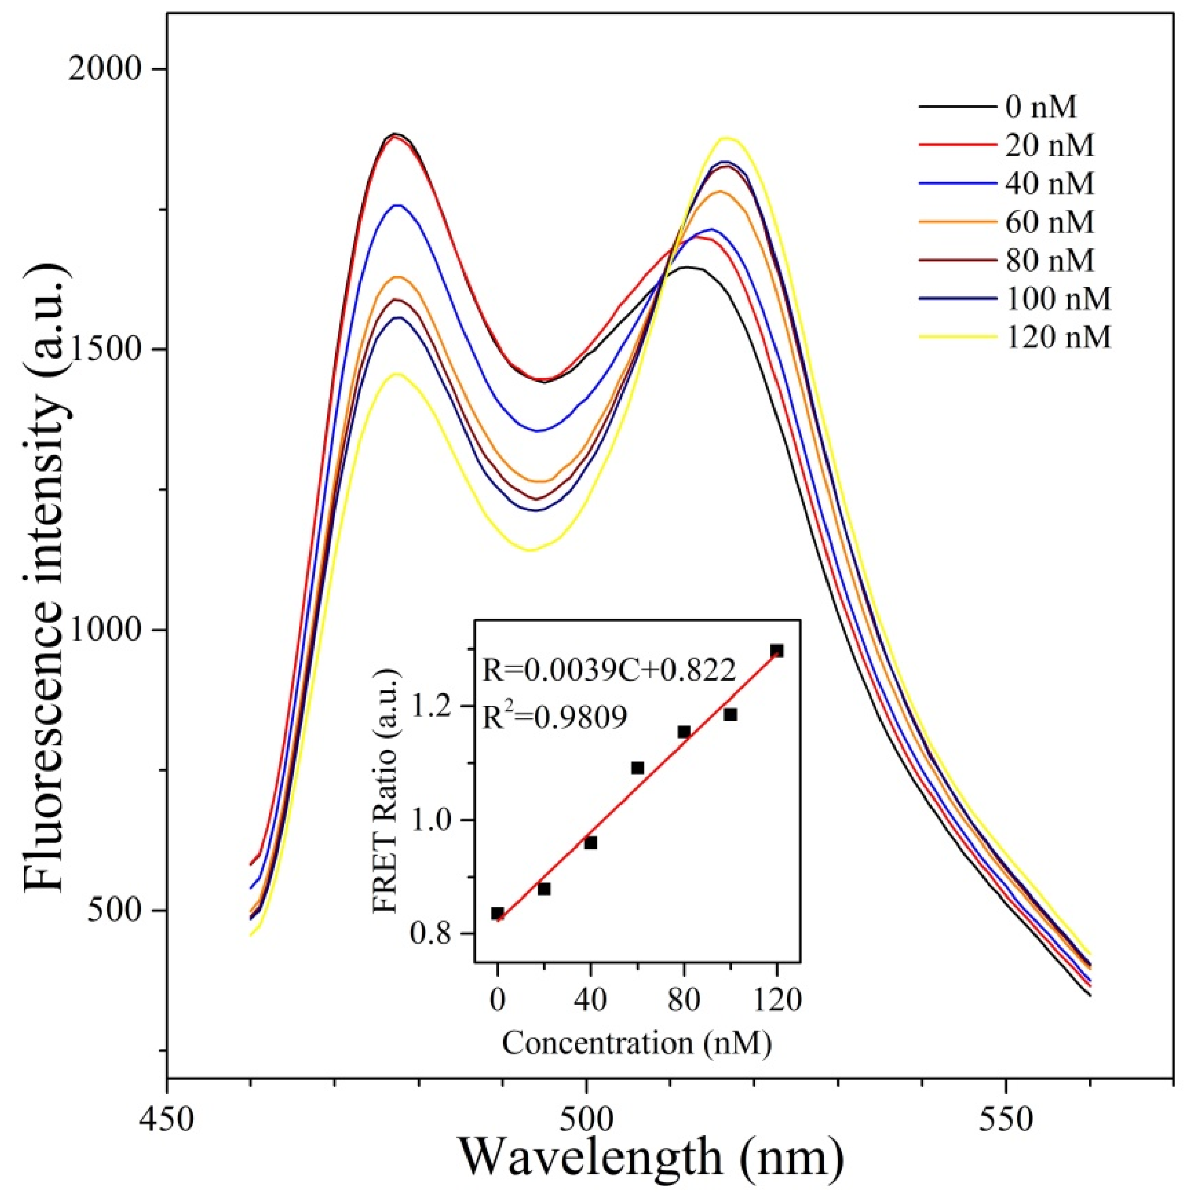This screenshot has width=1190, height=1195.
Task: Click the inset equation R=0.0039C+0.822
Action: point(609,672)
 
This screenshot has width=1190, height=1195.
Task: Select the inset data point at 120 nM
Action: point(777,651)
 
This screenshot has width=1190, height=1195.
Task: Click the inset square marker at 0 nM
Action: point(498,914)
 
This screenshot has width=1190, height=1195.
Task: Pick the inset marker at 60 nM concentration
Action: point(637,768)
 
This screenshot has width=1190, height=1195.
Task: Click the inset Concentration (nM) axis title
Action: point(637,1044)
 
